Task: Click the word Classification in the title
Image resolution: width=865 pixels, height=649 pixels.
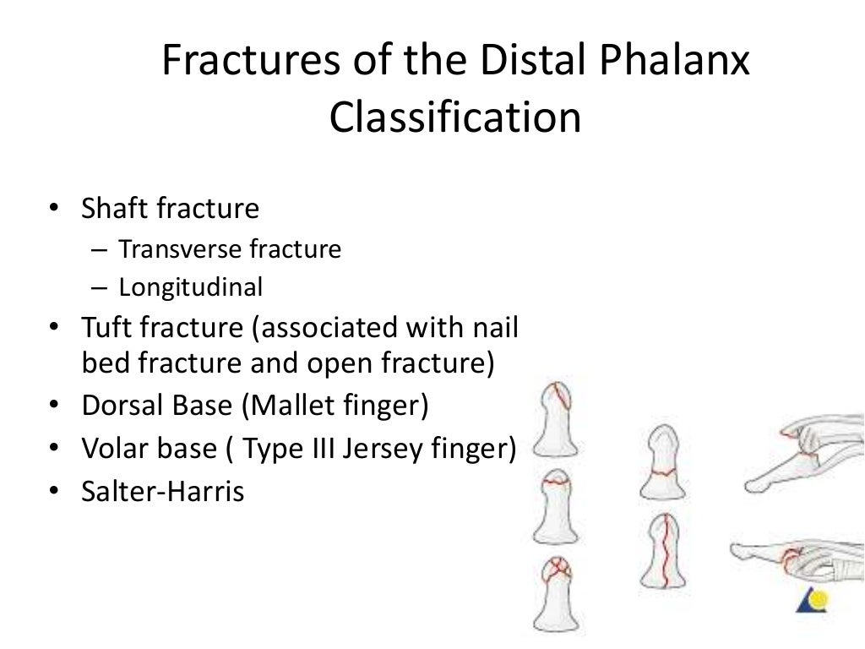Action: (x=455, y=118)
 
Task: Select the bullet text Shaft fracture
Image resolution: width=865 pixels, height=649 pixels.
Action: (x=170, y=209)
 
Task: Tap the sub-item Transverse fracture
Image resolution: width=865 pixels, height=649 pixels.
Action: (x=230, y=250)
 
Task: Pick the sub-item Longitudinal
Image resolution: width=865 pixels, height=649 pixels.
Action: (x=191, y=288)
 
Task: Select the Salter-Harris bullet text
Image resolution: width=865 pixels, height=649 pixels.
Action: (x=162, y=491)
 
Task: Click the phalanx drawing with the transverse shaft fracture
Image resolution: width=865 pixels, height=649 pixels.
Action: (x=663, y=463)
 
